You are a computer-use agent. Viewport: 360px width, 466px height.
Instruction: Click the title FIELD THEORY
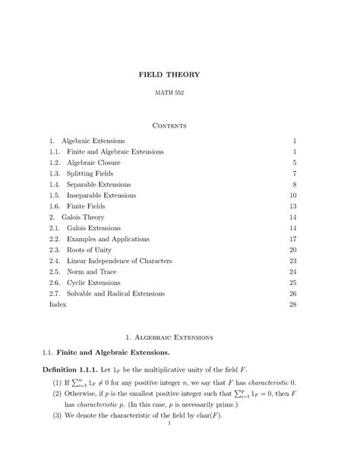pyautogui.click(x=180, y=75)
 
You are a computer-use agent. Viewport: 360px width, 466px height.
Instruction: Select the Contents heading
pyautogui.click(x=180, y=123)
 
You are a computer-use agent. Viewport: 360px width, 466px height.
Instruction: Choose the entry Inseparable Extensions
pyautogui.click(x=100, y=195)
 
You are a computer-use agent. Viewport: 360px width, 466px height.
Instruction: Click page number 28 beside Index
pyautogui.click(x=292, y=304)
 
